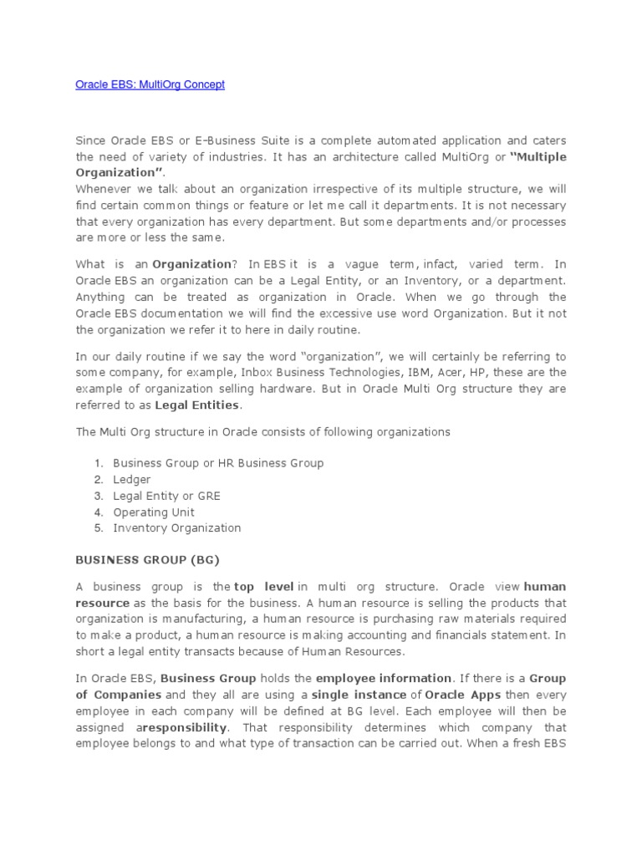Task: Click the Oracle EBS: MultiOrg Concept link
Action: pyautogui.click(x=150, y=84)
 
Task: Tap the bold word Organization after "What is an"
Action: pyautogui.click(x=191, y=264)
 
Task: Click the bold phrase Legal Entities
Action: pyautogui.click(x=198, y=405)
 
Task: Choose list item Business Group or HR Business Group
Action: pyautogui.click(x=218, y=462)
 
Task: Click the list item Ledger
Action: pyautogui.click(x=132, y=479)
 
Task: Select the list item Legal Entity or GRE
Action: pyautogui.click(x=166, y=496)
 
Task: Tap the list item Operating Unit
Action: pyautogui.click(x=154, y=512)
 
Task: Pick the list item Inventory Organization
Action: pyautogui.click(x=176, y=528)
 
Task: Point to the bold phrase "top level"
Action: pyautogui.click(x=264, y=587)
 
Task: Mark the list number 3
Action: pyautogui.click(x=98, y=496)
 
